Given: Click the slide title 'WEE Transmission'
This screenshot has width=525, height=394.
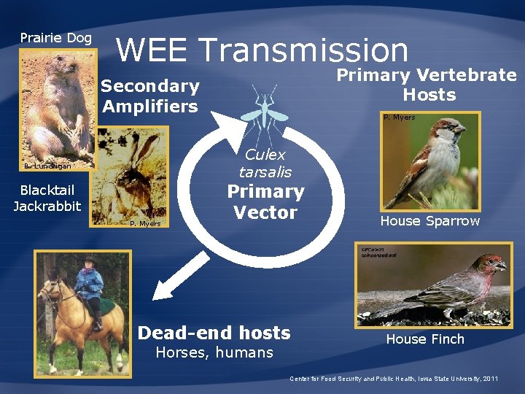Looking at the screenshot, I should [262, 50].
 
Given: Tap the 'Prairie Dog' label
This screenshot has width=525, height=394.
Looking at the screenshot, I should [56, 38].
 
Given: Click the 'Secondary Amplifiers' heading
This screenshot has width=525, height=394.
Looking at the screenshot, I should [150, 96].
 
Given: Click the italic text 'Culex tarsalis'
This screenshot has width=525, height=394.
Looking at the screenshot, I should [265, 163].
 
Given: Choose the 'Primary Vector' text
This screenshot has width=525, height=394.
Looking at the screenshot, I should [265, 202].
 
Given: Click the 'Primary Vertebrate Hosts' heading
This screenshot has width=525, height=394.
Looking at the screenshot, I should [427, 85].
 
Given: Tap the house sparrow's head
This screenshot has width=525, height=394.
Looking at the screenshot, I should [446, 131].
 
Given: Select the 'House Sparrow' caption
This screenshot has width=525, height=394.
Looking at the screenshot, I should [429, 221].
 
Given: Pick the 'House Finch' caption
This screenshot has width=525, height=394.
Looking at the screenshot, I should [424, 339].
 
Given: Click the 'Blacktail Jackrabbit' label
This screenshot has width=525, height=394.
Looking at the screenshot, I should [47, 198].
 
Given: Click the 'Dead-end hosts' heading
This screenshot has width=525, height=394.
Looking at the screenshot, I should [214, 333].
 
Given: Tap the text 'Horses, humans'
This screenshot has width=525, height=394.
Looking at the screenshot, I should [214, 353].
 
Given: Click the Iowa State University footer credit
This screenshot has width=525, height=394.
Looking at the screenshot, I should [394, 379].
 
